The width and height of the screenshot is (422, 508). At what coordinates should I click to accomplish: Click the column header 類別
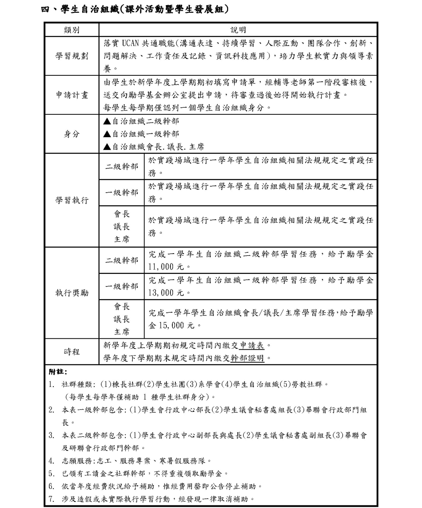point(72,30)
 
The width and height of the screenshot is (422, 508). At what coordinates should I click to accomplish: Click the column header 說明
point(238,30)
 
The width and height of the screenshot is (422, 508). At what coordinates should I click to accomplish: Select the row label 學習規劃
point(72,56)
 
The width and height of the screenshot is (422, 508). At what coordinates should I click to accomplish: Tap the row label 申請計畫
point(72,95)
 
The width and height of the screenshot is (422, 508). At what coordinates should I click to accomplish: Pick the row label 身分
point(72,134)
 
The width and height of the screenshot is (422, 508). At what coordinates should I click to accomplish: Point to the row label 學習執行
point(72,200)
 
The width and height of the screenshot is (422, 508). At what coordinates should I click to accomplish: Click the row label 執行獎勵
point(72,293)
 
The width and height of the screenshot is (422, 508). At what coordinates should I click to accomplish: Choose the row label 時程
point(72,351)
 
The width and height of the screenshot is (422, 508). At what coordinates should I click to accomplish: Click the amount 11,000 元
point(167,267)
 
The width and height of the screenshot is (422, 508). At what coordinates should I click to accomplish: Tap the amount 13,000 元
point(167,293)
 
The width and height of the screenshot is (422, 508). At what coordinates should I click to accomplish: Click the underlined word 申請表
point(252,345)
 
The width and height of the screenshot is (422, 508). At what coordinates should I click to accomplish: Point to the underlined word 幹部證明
point(247,358)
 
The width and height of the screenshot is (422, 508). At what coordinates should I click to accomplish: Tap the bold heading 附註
point(58,372)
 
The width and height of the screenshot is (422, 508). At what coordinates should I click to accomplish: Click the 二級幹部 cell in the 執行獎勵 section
point(122,260)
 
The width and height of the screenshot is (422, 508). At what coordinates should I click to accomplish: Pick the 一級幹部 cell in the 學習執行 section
point(122,193)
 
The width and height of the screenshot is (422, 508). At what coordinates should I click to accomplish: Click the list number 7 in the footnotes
point(51,499)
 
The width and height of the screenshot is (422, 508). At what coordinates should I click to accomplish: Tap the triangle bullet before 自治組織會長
point(107,147)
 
